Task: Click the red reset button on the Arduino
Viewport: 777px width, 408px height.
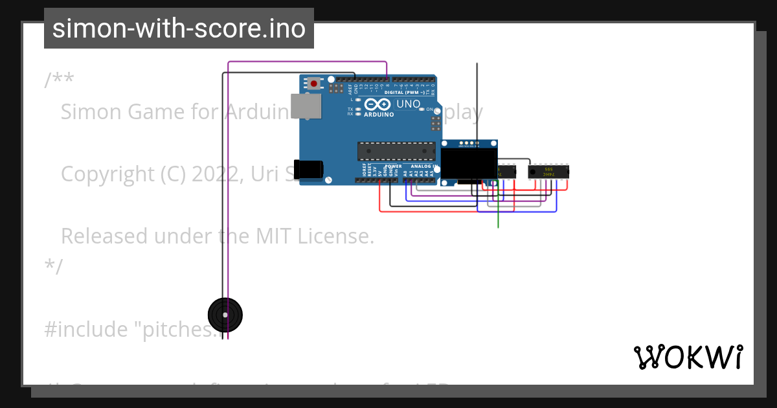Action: pos(315,83)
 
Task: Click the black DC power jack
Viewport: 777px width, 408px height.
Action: pos(308,169)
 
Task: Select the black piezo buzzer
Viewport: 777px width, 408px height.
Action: pos(225,315)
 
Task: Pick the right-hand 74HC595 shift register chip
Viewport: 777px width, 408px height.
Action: pos(549,172)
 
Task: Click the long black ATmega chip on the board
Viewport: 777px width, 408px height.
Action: pos(397,151)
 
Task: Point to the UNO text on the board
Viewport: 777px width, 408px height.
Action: pos(408,104)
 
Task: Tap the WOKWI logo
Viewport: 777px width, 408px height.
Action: pos(688,357)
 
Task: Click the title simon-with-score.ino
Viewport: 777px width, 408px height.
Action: pos(179,28)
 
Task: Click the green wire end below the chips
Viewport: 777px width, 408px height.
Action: pos(498,225)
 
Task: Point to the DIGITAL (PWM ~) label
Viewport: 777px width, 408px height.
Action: pos(405,93)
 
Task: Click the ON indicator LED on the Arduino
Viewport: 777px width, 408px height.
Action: pos(422,109)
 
